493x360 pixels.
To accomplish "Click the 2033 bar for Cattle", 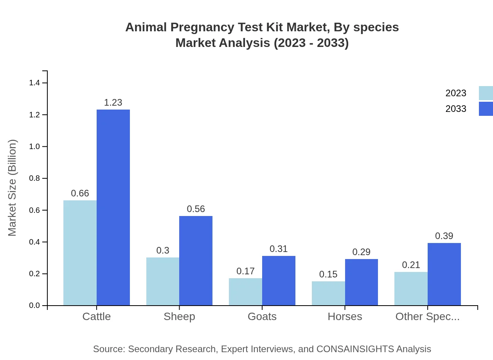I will coord(113,207).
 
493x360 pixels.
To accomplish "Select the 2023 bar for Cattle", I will coord(80,253).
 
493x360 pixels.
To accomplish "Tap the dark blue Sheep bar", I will coord(196,261).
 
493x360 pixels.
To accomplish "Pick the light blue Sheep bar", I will coord(163,281).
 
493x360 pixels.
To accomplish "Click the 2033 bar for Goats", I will coord(279,281).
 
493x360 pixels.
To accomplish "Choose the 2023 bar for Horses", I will coord(328,293).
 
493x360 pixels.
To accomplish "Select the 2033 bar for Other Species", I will coord(444,274).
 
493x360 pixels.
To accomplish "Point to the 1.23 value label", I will coord(113,103).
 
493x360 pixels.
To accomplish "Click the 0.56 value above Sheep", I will coord(196,209).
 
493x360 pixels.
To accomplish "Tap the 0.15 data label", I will coord(328,274).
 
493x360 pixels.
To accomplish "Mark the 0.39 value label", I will coord(444,236).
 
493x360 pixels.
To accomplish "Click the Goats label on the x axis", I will coord(262,317).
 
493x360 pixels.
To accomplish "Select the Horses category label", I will coord(345,317).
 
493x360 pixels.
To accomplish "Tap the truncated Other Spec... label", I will coord(427,317).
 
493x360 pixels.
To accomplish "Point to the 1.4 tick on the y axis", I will coord(35,83).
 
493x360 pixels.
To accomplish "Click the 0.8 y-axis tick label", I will coord(35,178).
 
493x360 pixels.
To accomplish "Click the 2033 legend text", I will coord(456,109).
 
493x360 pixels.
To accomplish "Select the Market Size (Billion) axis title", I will coord(13,188).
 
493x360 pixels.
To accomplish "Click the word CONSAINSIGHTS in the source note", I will coord(355,349).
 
